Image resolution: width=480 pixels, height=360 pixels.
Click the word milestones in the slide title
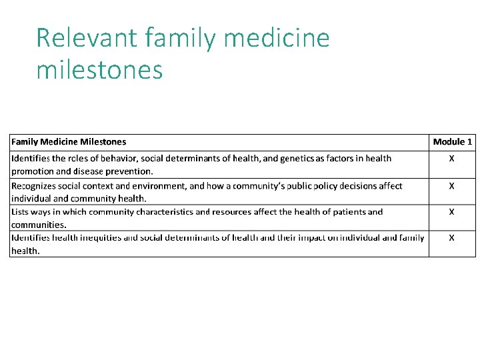tap(99, 69)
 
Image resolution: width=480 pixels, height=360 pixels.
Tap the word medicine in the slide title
tap(277, 38)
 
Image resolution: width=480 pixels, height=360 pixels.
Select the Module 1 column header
tap(452, 141)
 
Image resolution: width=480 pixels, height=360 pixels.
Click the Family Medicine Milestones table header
tap(69, 141)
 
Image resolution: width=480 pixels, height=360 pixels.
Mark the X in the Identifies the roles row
tap(452, 159)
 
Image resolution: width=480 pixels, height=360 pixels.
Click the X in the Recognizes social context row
tap(452, 186)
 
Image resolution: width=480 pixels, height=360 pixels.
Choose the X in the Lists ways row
tap(452, 212)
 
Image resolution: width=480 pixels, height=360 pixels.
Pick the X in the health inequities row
tap(452, 237)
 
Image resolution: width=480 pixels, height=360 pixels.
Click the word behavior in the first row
tap(117, 159)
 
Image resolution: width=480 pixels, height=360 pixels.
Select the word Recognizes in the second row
tap(33, 186)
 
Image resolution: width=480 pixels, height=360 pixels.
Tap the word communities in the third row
tap(38, 225)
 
